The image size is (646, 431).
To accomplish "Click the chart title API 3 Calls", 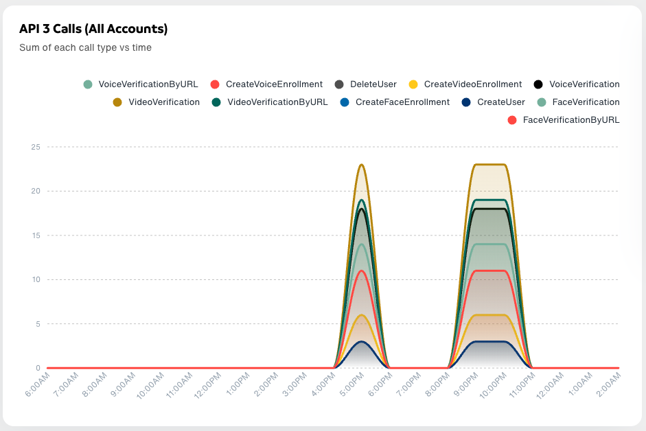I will (x=93, y=29).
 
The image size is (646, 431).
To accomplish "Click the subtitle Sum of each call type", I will (x=85, y=48).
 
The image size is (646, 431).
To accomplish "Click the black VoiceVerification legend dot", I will (x=538, y=84).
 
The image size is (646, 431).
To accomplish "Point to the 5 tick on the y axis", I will (x=38, y=324).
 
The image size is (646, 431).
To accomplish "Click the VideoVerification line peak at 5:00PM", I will (x=362, y=165).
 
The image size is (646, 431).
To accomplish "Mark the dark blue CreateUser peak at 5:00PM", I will (x=362, y=342).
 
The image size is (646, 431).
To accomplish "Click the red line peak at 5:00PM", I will (x=362, y=270).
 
